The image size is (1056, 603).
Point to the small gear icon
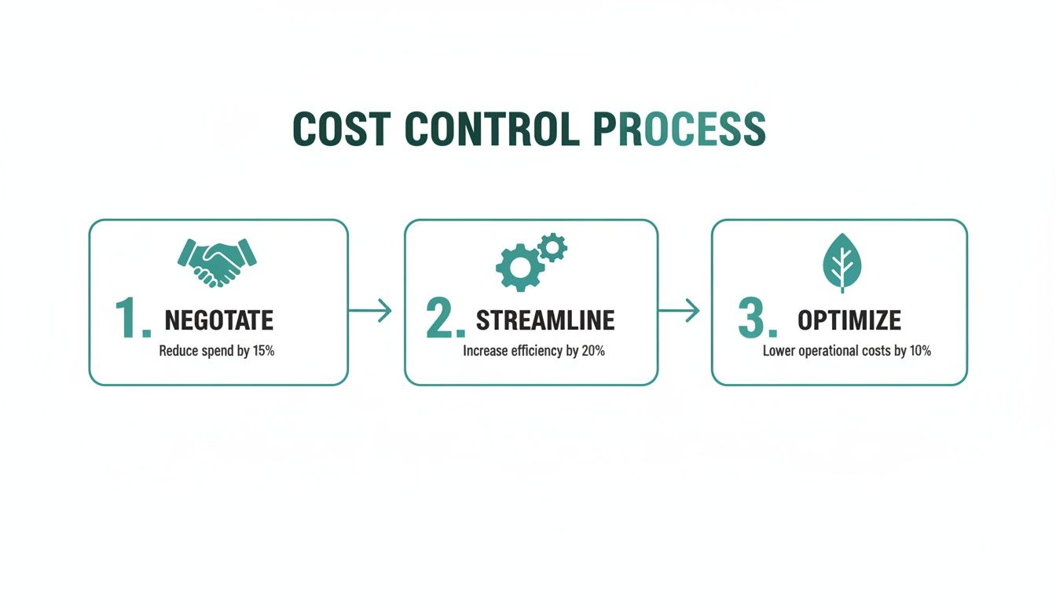(x=553, y=247)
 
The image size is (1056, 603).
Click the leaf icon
(x=841, y=261)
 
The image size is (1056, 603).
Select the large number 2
(x=444, y=319)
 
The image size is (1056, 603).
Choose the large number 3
(x=756, y=319)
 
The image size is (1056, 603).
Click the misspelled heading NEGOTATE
(x=218, y=320)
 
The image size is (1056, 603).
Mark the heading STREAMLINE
(x=545, y=320)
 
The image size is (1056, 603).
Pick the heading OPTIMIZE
(x=849, y=320)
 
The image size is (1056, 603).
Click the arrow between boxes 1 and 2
(x=370, y=310)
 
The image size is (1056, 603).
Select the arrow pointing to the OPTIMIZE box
(x=679, y=310)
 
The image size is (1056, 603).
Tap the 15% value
(x=263, y=351)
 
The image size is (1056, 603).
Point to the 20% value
(x=593, y=351)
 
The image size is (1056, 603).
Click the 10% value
(x=920, y=351)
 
